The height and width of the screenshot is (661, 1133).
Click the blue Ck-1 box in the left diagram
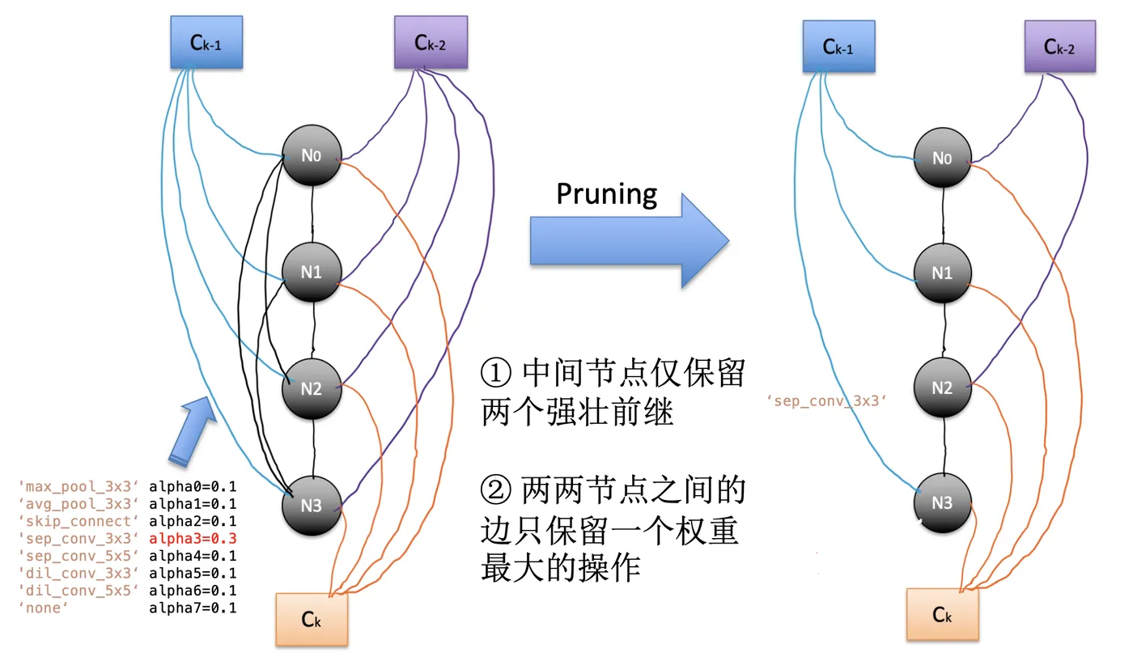click(206, 43)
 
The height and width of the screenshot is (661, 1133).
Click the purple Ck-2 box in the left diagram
click(431, 43)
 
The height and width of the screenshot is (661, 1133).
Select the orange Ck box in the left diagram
click(312, 619)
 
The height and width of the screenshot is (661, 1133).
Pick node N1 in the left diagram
click(312, 273)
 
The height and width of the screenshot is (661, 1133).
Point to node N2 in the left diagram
click(312, 389)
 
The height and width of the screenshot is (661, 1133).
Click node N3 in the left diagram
click(312, 506)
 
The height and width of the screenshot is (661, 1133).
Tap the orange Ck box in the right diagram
click(942, 615)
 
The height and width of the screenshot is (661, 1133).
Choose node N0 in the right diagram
click(942, 159)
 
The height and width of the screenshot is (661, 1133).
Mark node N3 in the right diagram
click(942, 502)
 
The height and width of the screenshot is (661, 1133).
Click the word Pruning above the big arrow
click(607, 194)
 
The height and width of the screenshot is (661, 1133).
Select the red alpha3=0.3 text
click(193, 538)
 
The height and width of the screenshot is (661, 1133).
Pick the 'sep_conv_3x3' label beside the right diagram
click(826, 400)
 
